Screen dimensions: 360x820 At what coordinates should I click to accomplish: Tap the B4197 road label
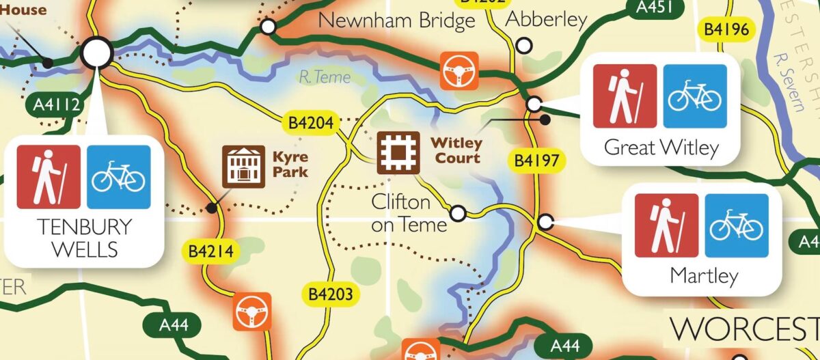[536, 161]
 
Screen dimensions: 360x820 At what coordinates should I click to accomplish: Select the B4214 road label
[211, 251]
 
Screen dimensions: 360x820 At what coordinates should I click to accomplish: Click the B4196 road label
[727, 29]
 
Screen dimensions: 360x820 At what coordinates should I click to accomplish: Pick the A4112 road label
[57, 105]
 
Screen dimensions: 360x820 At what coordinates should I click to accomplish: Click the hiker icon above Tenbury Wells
[49, 177]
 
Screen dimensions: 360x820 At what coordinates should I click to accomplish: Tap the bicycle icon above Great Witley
[694, 96]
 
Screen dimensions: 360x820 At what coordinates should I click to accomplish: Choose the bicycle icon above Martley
[736, 225]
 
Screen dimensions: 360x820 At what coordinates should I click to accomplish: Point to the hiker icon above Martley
[666, 225]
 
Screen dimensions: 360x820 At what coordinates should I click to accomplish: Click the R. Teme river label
[325, 77]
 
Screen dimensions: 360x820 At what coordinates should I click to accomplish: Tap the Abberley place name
[546, 20]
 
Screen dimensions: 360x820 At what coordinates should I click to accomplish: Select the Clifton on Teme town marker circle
[459, 214]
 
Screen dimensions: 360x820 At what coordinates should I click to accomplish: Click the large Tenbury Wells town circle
[96, 52]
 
